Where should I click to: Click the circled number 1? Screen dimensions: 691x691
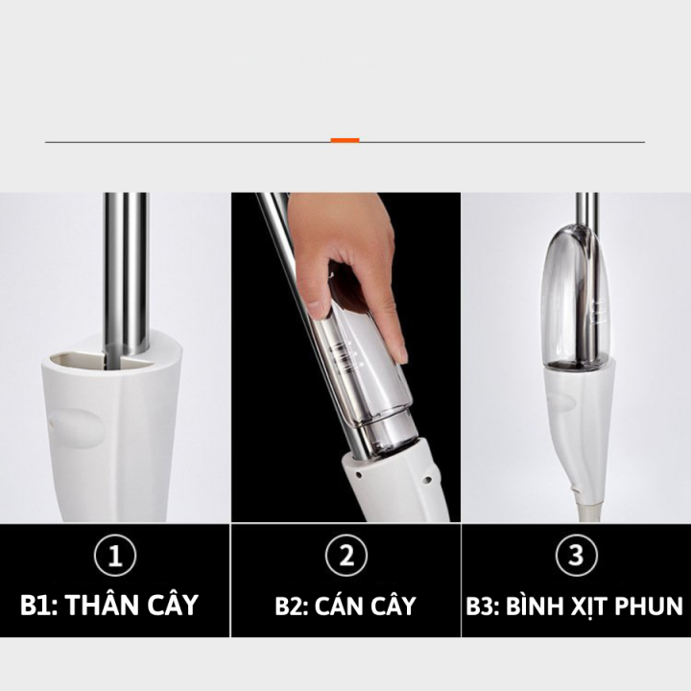(115, 555)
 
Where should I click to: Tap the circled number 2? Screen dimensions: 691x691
(346, 555)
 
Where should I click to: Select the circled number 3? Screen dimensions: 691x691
(577, 555)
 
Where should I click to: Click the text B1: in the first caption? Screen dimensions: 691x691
(39, 605)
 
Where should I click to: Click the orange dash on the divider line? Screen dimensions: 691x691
(345, 140)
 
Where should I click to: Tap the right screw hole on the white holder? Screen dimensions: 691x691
(426, 478)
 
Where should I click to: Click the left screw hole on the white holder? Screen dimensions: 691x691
(359, 475)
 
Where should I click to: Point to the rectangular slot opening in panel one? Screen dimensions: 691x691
(77, 359)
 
